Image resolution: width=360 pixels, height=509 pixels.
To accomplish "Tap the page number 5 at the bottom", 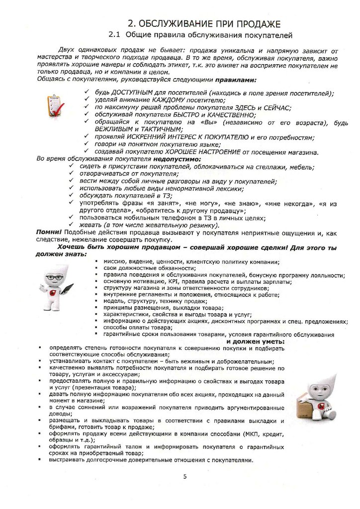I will pyautogui.click(x=185, y=477).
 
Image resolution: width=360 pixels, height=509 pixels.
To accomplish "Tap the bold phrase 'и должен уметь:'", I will pyautogui.click(x=255, y=342).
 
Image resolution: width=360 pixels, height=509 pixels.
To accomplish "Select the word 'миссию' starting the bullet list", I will pyautogui.click(x=114, y=261).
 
